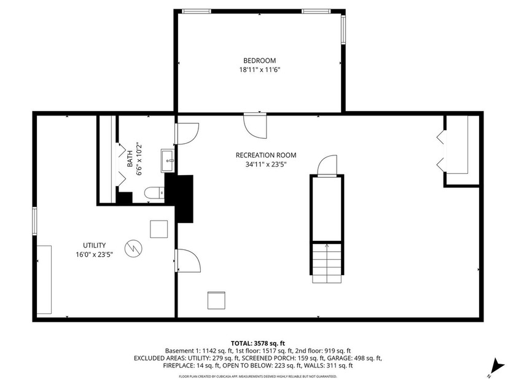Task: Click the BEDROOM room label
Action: tap(259, 60)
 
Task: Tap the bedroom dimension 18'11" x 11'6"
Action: tap(259, 70)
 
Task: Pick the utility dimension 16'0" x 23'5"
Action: tap(95, 254)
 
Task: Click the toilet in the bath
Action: tap(155, 193)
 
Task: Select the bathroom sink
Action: tap(167, 161)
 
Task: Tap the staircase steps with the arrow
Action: tap(326, 262)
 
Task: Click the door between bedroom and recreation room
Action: tap(256, 125)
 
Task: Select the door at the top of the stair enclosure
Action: tap(327, 166)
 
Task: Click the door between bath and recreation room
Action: tap(187, 134)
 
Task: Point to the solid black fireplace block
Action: tap(184, 198)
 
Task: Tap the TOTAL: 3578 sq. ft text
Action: tap(258, 343)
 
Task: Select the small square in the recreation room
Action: tap(216, 300)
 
